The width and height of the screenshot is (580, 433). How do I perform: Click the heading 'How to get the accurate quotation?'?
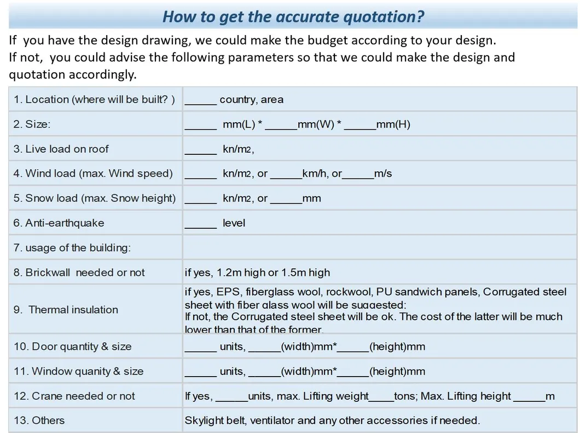pyautogui.click(x=293, y=16)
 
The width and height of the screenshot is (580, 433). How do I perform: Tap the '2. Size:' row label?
pyautogui.click(x=32, y=124)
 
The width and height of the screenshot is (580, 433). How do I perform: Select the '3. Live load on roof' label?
pyautogui.click(x=61, y=149)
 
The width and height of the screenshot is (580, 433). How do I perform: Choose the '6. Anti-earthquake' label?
pyautogui.click(x=59, y=223)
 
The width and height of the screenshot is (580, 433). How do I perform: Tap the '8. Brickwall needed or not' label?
pyautogui.click(x=79, y=272)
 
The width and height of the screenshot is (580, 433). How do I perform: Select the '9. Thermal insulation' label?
pyautogui.click(x=66, y=309)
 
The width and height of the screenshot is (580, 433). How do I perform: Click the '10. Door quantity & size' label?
pyautogui.click(x=73, y=347)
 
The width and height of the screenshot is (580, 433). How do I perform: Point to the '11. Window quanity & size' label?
pyautogui.click(x=78, y=371)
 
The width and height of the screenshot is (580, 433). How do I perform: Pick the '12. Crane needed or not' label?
pyautogui.click(x=74, y=396)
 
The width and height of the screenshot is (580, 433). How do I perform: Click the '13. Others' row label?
pyautogui.click(x=39, y=420)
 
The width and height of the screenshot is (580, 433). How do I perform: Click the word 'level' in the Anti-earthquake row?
pyautogui.click(x=234, y=223)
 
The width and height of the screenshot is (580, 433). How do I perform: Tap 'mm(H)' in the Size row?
pyautogui.click(x=393, y=124)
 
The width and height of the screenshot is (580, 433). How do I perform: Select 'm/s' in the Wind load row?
pyautogui.click(x=383, y=174)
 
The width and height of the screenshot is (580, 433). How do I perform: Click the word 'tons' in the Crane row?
pyautogui.click(x=405, y=396)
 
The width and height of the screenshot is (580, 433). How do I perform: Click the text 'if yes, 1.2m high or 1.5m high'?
pyautogui.click(x=257, y=272)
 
